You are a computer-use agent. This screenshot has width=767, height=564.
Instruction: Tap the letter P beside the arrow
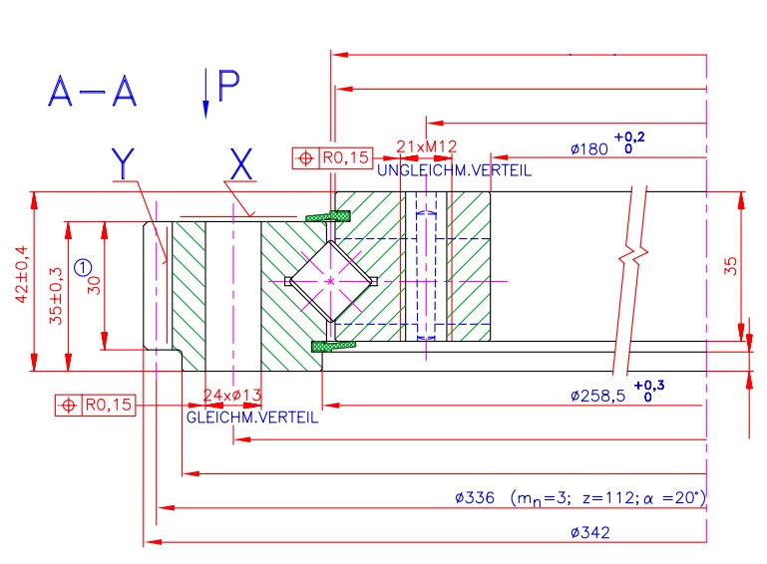point(227,87)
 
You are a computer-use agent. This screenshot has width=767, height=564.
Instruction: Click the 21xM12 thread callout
point(426,146)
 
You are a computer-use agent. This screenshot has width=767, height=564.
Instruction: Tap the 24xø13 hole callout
point(231,396)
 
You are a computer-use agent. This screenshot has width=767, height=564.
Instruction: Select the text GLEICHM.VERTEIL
point(252,418)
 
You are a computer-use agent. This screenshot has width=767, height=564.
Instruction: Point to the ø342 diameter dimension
point(590,533)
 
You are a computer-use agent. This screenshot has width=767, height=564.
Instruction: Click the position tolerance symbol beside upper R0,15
point(304,157)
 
